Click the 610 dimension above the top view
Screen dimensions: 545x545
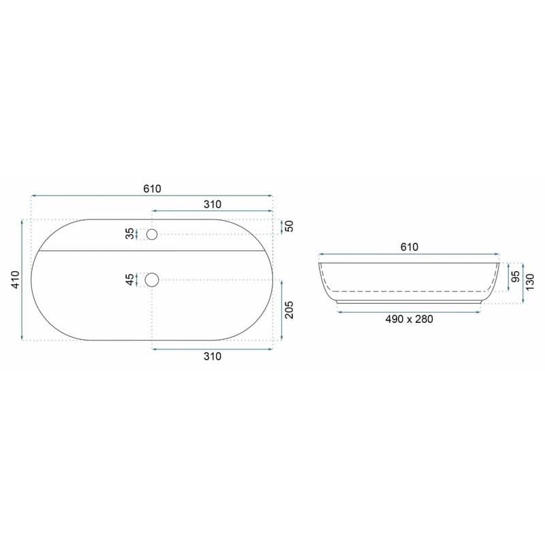pyautogui.click(x=152, y=189)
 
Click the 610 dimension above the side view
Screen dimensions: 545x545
pyautogui.click(x=409, y=247)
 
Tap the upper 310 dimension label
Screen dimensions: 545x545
pyautogui.click(x=213, y=204)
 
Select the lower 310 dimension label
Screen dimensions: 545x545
pyautogui.click(x=213, y=356)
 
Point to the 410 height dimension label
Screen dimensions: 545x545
pyautogui.click(x=16, y=279)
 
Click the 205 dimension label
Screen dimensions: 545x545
pyautogui.click(x=289, y=310)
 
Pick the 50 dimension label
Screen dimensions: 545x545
pyautogui.click(x=289, y=226)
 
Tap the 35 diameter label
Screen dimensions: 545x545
pyautogui.click(x=129, y=234)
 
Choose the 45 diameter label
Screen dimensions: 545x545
pyautogui.click(x=129, y=279)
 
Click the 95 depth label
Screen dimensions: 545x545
pyautogui.click(x=516, y=277)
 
